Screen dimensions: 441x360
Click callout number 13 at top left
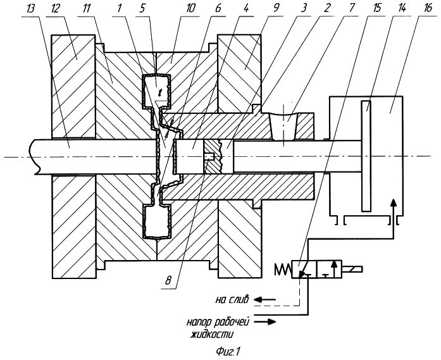30,9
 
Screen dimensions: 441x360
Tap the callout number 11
86,9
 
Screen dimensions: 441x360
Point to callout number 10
190,9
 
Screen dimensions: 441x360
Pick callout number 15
375,9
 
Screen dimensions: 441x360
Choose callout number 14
401,9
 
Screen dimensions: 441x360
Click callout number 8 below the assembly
168,280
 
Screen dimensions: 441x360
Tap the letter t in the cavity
160,91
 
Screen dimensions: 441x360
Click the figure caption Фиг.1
227,352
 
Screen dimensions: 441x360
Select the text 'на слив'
232,299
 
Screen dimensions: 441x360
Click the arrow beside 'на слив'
265,299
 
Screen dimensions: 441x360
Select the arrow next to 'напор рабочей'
265,322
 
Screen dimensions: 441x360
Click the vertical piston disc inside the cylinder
366,156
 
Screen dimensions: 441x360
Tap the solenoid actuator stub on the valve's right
352,270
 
